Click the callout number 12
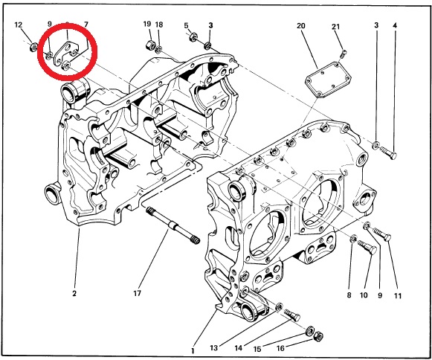point(18,25)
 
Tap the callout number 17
point(138,293)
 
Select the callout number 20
point(301,26)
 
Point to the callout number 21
point(335,27)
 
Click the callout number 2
point(74,294)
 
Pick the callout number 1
point(193,351)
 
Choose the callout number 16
point(280,348)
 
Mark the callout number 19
point(147,24)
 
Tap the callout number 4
point(395,25)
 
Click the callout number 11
point(397,296)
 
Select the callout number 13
point(214,348)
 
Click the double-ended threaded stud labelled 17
point(173,225)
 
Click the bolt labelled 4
point(389,152)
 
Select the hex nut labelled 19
point(151,44)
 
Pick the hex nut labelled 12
point(34,47)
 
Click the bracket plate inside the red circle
point(66,52)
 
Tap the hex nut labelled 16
point(319,336)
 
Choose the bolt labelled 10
point(367,247)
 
